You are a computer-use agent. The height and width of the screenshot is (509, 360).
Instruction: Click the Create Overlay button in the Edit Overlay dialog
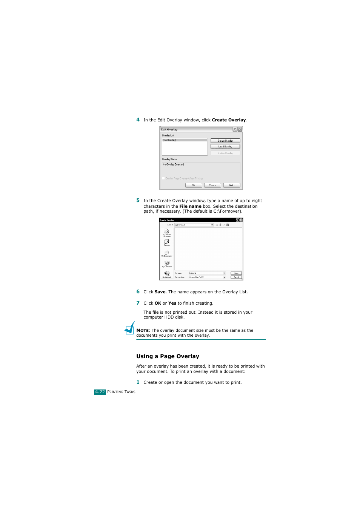[225, 141]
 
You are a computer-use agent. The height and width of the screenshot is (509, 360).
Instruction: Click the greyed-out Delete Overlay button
[225, 153]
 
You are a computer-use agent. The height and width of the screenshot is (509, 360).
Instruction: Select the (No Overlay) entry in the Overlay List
[169, 140]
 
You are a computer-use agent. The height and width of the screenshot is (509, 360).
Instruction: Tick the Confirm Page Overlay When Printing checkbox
[164, 178]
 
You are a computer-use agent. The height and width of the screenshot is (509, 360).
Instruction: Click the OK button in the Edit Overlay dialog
[194, 186]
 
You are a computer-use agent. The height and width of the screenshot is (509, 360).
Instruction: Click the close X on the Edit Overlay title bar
[240, 129]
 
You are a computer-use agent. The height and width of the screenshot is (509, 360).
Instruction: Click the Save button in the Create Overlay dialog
[236, 273]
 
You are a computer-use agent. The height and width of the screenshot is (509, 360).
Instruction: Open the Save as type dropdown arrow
[224, 277]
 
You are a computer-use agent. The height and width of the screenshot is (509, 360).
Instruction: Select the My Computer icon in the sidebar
[167, 263]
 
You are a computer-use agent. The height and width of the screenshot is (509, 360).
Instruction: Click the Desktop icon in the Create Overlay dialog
[167, 242]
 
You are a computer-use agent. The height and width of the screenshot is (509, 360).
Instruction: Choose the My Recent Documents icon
[167, 232]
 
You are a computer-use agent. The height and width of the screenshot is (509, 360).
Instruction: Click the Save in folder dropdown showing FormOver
[194, 225]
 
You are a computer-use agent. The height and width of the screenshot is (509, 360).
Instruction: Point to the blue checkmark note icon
[130, 328]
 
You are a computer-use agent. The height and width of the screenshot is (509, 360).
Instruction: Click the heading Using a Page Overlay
[168, 356]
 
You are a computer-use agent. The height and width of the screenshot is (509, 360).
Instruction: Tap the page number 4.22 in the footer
[100, 392]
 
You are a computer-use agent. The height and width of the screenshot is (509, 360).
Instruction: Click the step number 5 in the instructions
[138, 201]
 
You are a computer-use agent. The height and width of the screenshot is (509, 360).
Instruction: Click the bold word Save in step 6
[160, 292]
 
